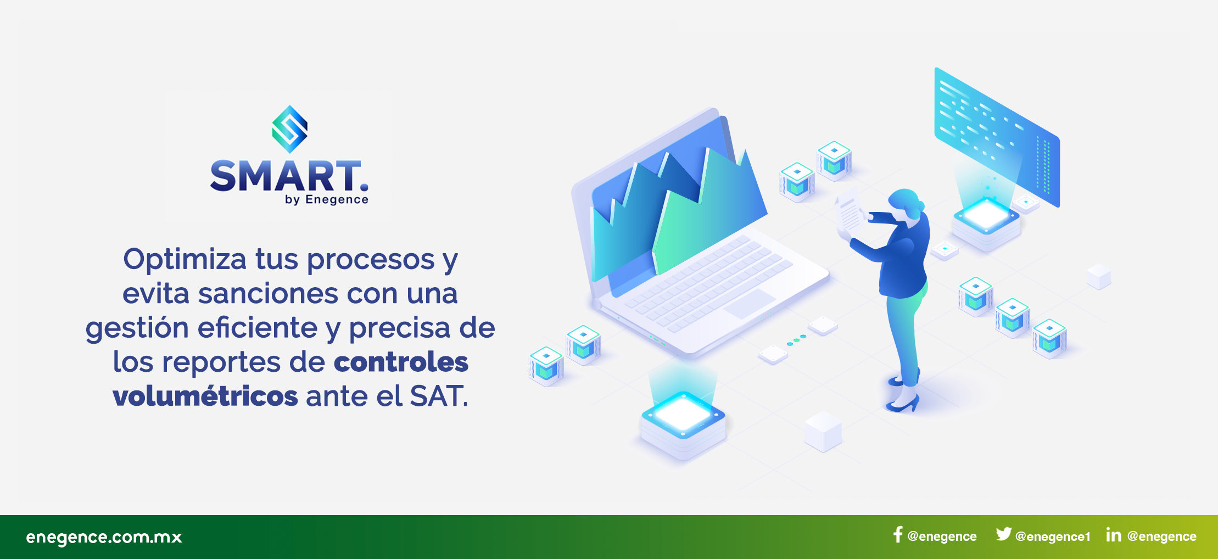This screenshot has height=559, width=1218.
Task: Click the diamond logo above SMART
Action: (x=289, y=129)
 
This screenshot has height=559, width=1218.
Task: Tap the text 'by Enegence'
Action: (x=326, y=200)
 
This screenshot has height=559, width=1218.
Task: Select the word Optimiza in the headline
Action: (x=185, y=260)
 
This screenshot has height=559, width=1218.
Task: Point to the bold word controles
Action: (x=401, y=362)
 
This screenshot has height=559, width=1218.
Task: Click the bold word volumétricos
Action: (x=205, y=395)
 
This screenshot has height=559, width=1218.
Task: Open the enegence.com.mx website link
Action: (x=104, y=537)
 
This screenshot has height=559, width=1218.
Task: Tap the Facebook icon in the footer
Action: (x=898, y=535)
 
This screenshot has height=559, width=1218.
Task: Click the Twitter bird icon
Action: (x=1003, y=534)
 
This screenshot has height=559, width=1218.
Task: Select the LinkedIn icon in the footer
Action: (x=1113, y=534)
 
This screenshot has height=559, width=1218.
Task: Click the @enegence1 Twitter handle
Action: (x=1053, y=536)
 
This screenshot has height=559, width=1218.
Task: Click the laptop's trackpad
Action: (x=749, y=304)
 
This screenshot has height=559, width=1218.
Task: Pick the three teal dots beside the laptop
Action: (x=796, y=340)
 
